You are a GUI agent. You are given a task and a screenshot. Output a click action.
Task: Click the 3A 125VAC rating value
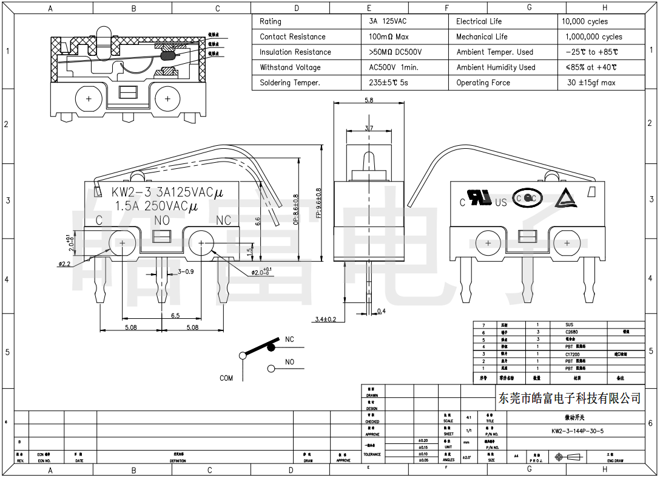click(388, 21)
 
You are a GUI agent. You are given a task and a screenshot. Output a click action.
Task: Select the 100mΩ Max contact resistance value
click(388, 37)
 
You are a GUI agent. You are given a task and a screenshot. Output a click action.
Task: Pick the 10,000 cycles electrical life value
click(584, 21)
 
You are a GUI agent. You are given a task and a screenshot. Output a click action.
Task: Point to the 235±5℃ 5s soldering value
click(388, 83)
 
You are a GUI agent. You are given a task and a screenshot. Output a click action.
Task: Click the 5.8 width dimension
click(369, 100)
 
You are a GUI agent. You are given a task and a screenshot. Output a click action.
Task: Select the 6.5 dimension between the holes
click(175, 315)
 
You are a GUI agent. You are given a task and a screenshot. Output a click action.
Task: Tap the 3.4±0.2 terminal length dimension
click(325, 319)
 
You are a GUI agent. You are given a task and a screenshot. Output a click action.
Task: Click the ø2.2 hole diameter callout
click(66, 264)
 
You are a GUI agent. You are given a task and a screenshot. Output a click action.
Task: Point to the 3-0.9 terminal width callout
click(185, 271)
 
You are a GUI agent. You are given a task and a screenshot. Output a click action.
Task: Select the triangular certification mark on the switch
click(567, 197)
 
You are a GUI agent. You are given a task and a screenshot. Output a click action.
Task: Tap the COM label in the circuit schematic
click(226, 378)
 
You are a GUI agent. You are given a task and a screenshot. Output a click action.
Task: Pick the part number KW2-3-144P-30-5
click(577, 431)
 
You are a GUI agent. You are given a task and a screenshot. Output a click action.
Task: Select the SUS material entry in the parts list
click(568, 325)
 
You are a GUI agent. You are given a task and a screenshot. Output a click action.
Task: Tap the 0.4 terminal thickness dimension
click(381, 312)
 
